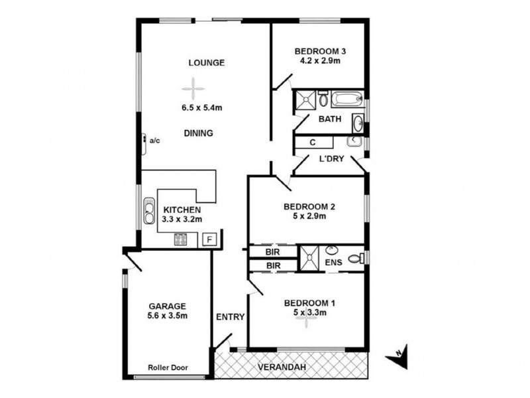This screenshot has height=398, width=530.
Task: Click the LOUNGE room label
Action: (206, 63)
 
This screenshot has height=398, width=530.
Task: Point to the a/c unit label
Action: (154, 141)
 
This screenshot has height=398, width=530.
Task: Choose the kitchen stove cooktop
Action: (181, 240)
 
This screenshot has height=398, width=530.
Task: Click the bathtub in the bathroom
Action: (346, 99)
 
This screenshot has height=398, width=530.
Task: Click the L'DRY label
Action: (331, 159)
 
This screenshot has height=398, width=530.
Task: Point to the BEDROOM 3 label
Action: (320, 51)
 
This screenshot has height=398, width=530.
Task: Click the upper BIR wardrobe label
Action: (272, 253)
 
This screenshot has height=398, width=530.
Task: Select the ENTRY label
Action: (230, 317)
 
